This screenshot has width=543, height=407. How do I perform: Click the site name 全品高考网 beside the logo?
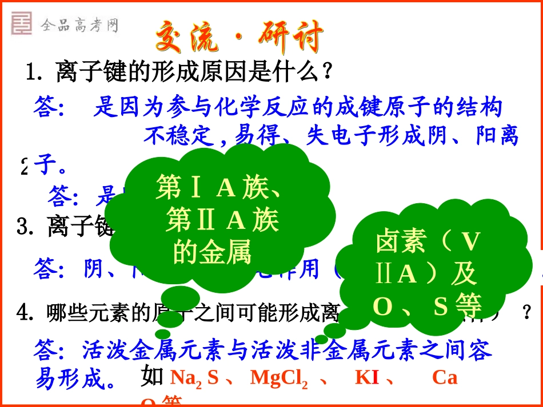(x=79, y=25)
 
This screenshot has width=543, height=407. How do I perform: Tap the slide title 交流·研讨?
(x=240, y=38)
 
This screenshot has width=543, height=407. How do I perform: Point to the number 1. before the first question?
(x=35, y=72)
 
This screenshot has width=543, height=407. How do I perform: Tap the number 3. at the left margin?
(x=25, y=227)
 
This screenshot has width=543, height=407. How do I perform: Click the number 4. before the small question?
(x=24, y=312)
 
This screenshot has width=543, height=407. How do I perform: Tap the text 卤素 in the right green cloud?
(x=400, y=242)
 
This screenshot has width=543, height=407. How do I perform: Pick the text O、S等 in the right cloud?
(x=428, y=307)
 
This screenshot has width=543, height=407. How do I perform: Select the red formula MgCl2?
(x=279, y=378)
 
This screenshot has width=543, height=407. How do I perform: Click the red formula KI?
(x=367, y=378)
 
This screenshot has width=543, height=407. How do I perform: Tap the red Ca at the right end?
(x=445, y=378)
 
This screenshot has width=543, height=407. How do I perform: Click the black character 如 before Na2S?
(x=152, y=377)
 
